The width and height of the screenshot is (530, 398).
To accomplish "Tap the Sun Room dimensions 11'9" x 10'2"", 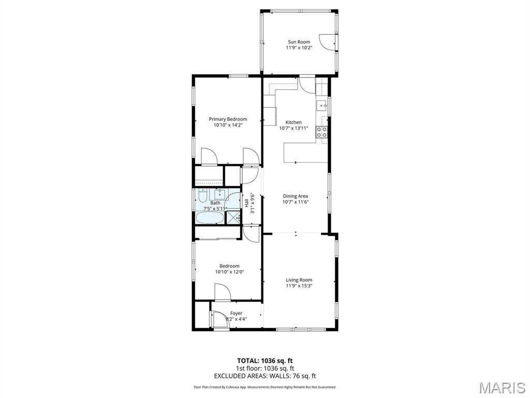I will [x=299, y=48].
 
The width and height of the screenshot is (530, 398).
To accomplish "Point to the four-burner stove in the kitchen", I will [x=322, y=132].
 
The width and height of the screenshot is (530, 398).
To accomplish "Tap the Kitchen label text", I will [x=293, y=122].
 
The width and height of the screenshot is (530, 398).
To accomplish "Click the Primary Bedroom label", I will [x=228, y=119].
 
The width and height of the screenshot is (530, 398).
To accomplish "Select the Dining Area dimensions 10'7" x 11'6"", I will [x=296, y=202].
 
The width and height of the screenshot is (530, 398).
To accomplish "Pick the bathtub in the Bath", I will [x=209, y=218].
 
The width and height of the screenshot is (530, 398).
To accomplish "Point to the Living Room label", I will [x=299, y=280].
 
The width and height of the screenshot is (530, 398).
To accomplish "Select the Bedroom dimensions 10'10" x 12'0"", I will [x=229, y=272].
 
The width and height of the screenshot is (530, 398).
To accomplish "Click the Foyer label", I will [x=236, y=313].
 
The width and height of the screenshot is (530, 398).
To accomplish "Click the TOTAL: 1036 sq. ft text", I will [x=264, y=360].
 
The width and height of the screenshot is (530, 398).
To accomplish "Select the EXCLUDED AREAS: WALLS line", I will [x=264, y=376].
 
